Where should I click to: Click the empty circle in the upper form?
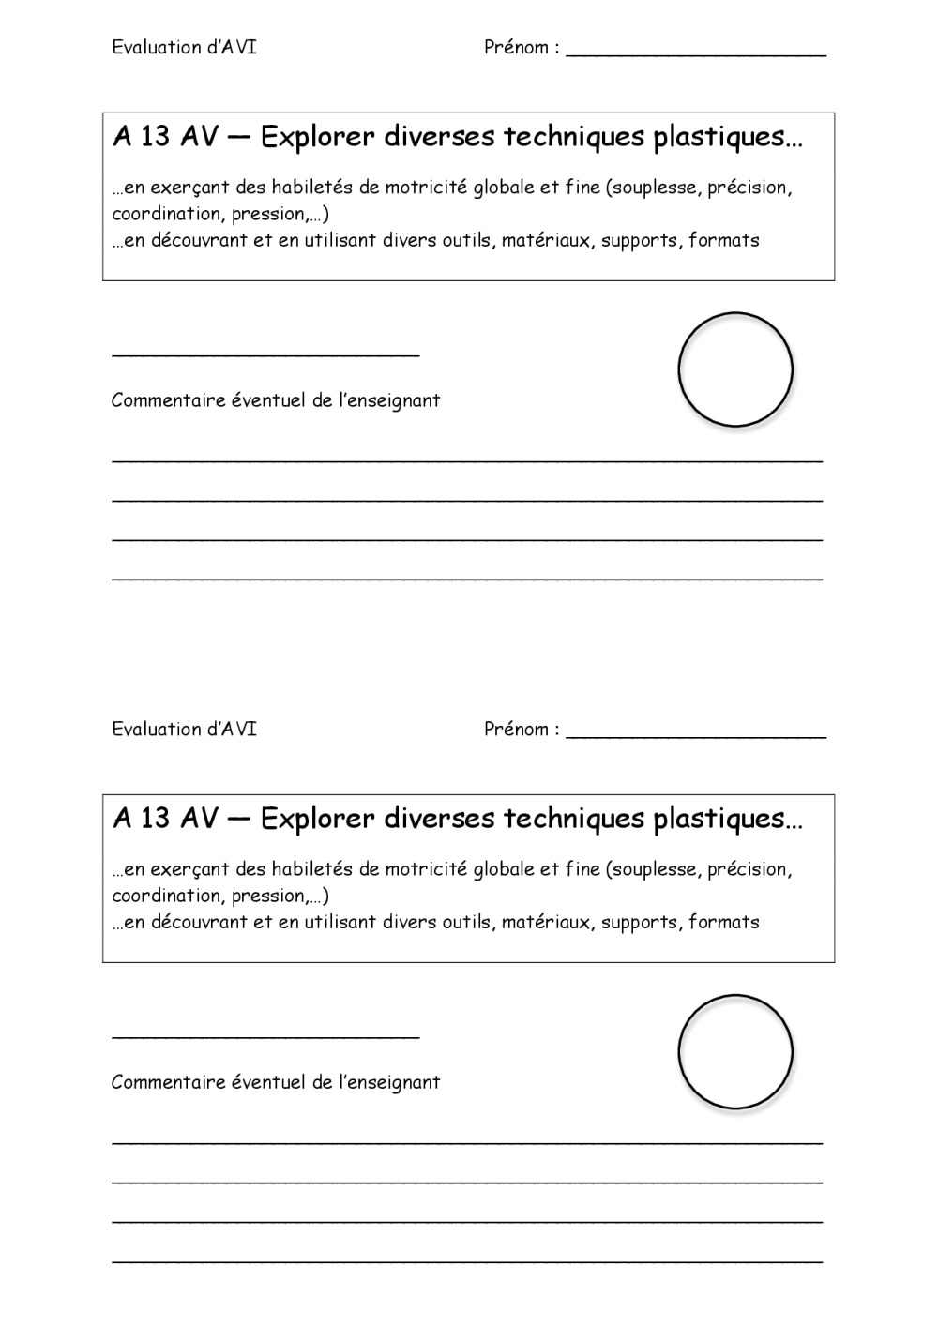[735, 369]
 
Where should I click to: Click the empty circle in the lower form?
[735, 1051]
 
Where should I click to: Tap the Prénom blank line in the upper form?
[696, 54]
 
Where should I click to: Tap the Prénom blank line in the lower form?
[696, 736]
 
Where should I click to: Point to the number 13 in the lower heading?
[156, 819]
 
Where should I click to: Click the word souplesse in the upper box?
[656, 188]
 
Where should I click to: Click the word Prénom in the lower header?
[517, 730]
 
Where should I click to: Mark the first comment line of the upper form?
[467, 460]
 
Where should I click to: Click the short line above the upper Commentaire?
[265, 354]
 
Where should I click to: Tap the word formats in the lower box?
[723, 922]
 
